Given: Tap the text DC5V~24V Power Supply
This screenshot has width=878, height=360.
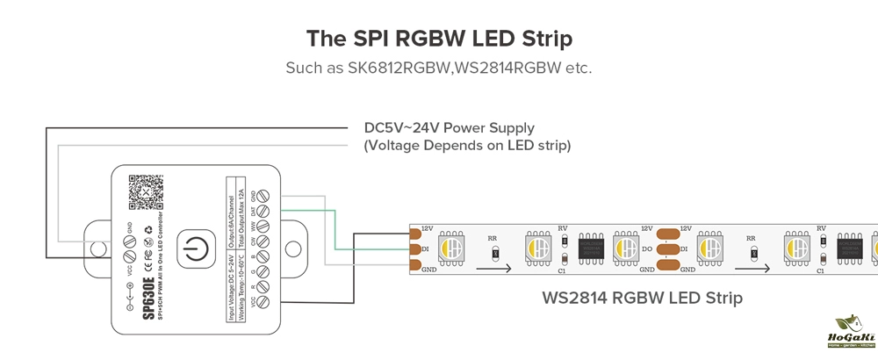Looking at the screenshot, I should pos(450,128).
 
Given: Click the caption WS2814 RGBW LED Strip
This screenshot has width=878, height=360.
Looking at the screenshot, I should pos(642,299).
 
